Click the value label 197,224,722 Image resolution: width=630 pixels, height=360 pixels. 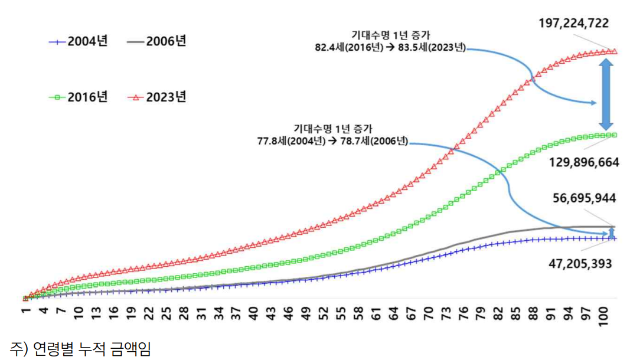coord(573,24)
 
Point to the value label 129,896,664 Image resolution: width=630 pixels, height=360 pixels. coord(583,162)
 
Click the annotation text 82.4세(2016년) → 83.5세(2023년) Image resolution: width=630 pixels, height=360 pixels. coord(390,48)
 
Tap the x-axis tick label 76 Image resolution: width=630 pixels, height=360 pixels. coord(463,312)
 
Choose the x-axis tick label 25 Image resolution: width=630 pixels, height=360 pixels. coord(166,312)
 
